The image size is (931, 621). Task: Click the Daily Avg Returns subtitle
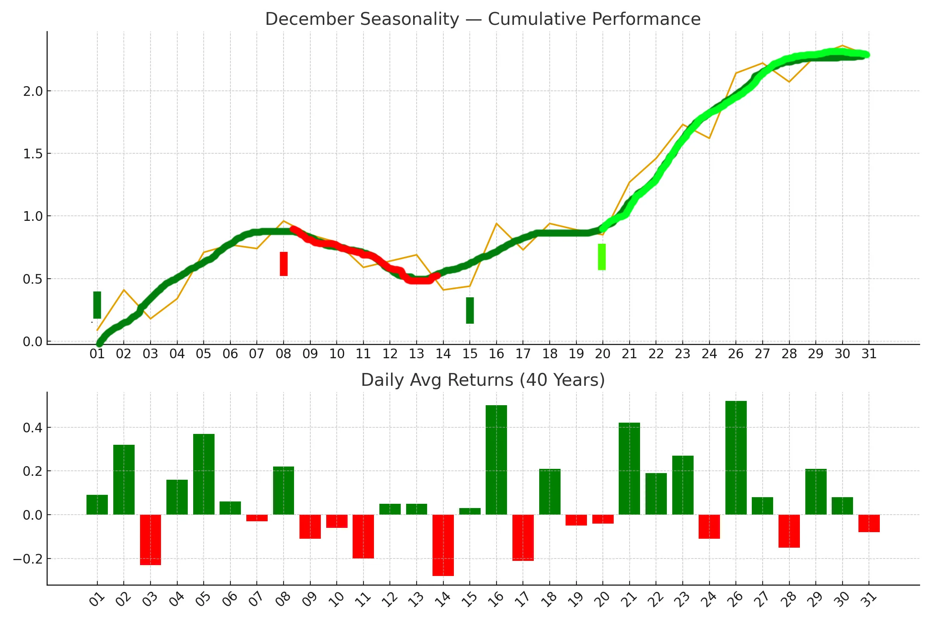483,380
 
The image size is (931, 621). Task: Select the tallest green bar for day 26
736,458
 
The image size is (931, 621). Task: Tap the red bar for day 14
443,545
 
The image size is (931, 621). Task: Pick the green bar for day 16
497,460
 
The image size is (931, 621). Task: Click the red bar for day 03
151,540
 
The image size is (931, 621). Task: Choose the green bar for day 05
204,474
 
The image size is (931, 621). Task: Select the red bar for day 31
869,524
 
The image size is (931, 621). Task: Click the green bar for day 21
629,469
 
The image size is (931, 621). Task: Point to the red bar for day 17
523,538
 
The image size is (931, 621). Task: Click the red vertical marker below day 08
284,264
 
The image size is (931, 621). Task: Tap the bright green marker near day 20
602,257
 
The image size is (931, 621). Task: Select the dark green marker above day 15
470,310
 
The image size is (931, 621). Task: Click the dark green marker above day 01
97,305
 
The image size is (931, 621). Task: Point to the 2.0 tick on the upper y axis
33,91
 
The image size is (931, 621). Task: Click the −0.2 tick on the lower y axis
27,559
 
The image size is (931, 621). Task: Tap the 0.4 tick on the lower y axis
33,428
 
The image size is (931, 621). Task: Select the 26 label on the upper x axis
736,354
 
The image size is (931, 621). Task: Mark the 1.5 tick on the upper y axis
33,154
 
